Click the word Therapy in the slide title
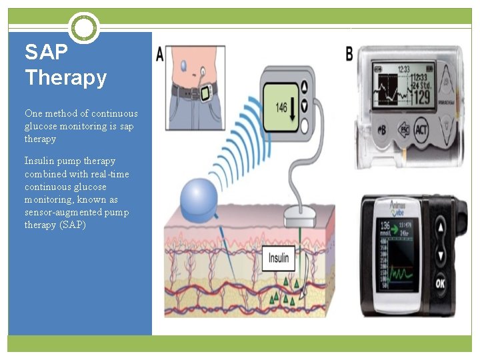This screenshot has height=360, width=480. tap(65, 78)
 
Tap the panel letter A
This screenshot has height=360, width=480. tap(160, 55)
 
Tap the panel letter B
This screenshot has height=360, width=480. tap(349, 53)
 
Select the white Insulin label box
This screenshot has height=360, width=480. tap(278, 258)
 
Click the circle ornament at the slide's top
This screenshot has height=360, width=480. tap(84, 28)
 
